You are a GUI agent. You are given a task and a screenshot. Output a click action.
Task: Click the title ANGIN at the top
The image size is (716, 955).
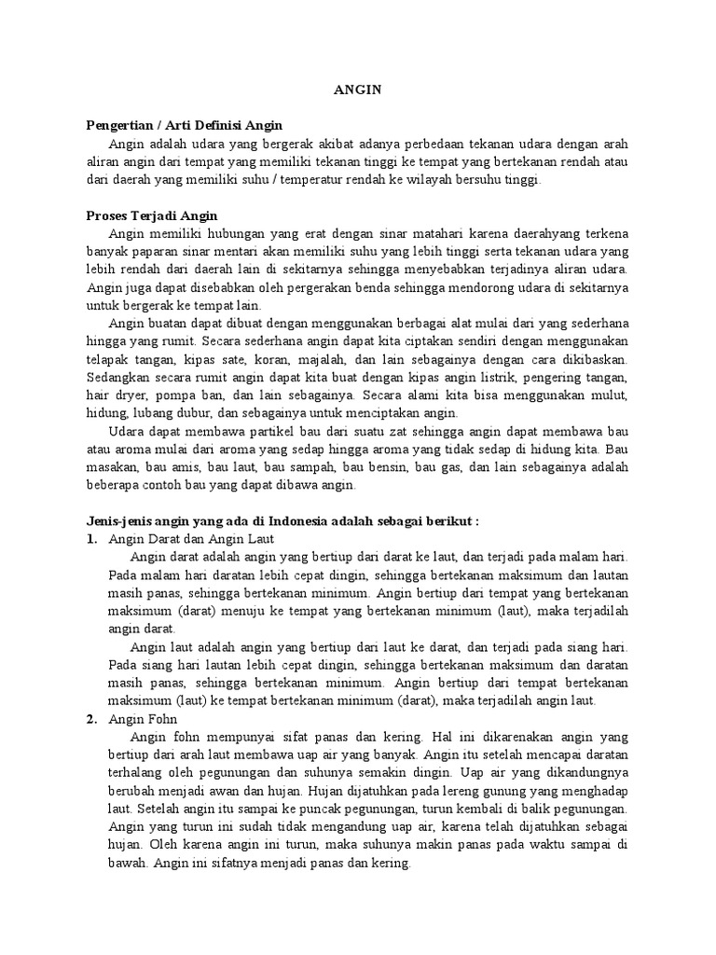[x=358, y=90]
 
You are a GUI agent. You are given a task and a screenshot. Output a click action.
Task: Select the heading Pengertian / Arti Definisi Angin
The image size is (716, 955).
[x=184, y=125]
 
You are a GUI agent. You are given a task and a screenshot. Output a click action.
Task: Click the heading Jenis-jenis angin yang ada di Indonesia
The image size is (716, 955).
[x=282, y=520]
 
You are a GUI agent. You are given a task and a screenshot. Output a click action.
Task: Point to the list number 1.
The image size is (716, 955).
[x=90, y=539]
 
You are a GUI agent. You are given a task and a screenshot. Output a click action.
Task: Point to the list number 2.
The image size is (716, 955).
[x=90, y=719]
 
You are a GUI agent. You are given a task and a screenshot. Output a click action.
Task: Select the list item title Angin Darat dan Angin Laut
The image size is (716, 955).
[x=186, y=539]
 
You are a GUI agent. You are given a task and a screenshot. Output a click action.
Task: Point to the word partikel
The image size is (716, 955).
[x=255, y=431]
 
